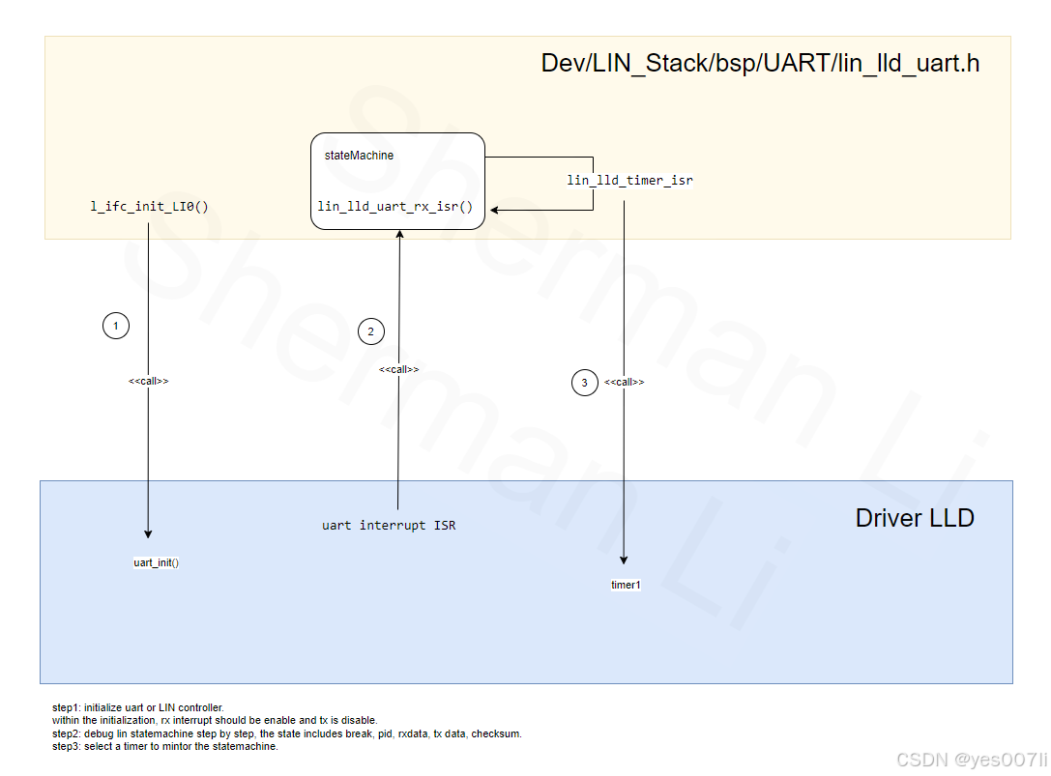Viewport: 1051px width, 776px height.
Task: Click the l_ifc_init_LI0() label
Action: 149,207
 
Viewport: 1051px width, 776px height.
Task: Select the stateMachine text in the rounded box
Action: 359,156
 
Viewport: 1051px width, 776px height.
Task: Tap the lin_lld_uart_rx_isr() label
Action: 394,207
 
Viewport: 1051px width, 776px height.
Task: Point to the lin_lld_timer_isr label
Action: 629,181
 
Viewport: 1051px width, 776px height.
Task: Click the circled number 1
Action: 116,327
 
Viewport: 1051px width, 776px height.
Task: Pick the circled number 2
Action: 370,332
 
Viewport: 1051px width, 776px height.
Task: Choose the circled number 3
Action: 584,384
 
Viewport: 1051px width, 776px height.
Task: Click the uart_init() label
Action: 156,563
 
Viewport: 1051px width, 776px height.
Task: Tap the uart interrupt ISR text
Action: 389,526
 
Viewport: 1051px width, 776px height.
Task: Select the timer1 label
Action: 626,586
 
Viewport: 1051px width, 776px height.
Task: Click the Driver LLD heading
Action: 915,518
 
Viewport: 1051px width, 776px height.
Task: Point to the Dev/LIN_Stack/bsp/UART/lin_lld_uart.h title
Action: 760,65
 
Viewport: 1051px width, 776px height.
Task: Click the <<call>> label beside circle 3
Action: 625,383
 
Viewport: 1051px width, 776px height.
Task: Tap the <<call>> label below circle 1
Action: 149,382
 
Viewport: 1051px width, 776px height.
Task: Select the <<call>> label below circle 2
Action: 398,370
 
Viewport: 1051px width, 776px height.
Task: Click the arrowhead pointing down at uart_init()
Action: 148,532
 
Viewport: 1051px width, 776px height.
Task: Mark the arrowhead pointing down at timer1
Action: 624,560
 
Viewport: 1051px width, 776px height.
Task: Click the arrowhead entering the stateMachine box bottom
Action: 398,235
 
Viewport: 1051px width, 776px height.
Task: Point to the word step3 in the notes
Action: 66,746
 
